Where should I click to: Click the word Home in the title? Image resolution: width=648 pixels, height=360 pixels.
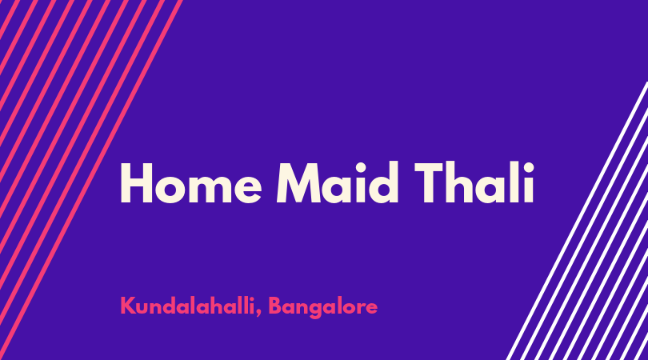(191, 182)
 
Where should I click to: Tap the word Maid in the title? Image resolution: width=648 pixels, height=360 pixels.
(338, 182)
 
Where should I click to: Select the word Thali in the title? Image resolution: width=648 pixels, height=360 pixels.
(474, 182)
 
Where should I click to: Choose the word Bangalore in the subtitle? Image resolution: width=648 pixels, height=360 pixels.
(323, 307)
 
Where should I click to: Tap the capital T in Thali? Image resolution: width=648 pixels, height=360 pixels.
(430, 182)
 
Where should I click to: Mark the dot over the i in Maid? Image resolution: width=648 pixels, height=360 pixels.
(361, 167)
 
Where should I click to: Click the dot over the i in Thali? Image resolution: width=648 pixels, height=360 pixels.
(529, 167)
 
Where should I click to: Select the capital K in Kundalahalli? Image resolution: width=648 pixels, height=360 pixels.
(127, 306)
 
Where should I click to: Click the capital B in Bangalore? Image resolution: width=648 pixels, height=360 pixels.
(276, 306)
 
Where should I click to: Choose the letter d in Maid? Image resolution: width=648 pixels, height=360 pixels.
(383, 182)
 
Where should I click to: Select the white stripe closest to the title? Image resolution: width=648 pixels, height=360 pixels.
(577, 221)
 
